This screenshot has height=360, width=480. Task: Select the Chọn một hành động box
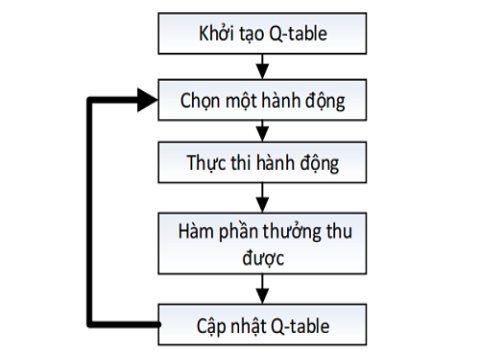point(262,100)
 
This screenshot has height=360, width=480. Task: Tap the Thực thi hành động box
point(262,161)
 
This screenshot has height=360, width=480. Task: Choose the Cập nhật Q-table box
point(262,326)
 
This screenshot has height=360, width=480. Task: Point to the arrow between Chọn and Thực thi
point(262,131)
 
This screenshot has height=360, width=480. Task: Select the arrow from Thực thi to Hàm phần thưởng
point(262,194)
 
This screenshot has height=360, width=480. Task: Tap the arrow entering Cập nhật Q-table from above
point(262,294)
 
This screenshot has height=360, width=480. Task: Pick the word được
point(262,258)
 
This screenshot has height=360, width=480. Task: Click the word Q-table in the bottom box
point(299,326)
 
